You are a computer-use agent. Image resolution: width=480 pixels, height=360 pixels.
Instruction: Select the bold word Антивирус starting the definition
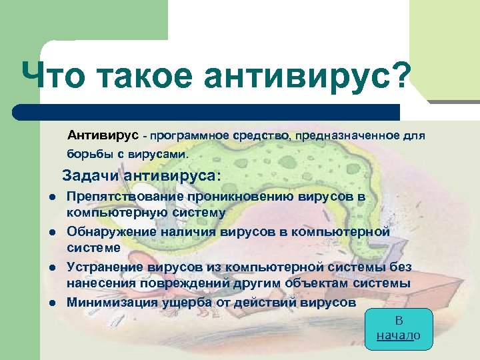point(103,135)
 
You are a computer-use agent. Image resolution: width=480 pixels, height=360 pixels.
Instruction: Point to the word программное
point(189,136)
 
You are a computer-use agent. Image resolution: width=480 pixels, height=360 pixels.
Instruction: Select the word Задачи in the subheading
point(92,176)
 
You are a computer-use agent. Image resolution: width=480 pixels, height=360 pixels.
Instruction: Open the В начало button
point(399,328)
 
